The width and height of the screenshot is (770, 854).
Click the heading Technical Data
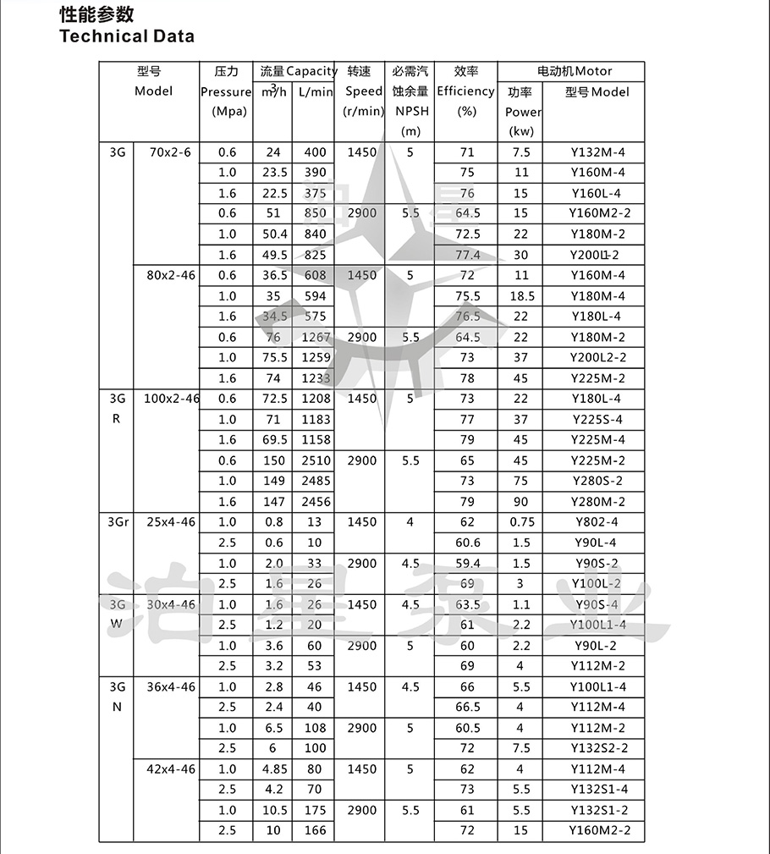point(126,36)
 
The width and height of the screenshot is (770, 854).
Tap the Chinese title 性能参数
point(96,15)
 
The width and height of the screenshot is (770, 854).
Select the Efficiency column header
point(465,91)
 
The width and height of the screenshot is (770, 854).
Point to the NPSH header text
point(410,111)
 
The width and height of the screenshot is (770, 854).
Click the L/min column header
point(315,91)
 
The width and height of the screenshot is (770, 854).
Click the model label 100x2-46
point(171,399)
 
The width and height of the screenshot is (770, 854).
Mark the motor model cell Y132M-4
point(597,152)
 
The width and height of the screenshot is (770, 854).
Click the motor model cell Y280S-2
point(597,481)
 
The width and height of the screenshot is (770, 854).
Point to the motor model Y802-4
point(597,522)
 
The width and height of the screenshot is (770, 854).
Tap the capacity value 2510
point(314,460)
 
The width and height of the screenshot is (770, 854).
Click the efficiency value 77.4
point(467,255)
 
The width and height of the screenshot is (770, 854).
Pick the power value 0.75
point(522,522)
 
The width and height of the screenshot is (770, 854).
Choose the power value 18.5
point(522,296)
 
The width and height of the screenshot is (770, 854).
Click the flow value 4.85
point(272,769)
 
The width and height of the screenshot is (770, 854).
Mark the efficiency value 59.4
point(467,563)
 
